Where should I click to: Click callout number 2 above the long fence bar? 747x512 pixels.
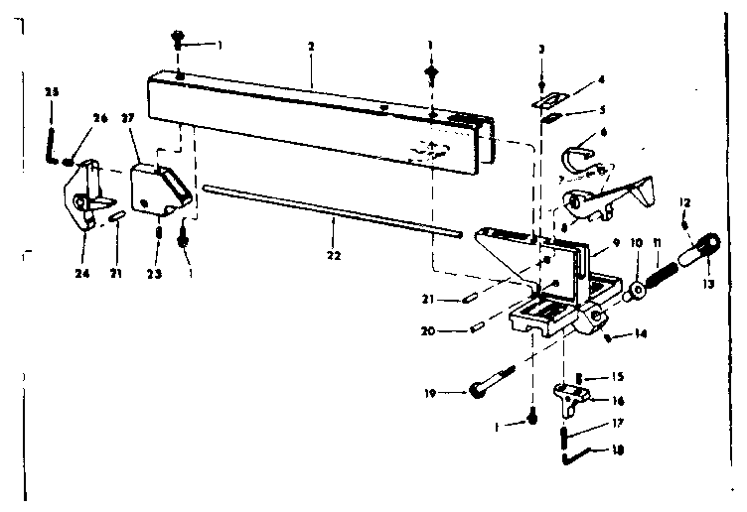pyautogui.click(x=311, y=48)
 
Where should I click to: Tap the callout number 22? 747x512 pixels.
pyautogui.click(x=332, y=254)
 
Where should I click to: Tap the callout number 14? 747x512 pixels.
pyautogui.click(x=641, y=334)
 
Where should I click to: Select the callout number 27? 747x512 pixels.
pyautogui.click(x=127, y=116)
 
